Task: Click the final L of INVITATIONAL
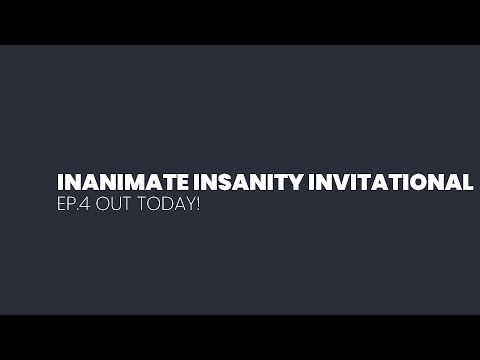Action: pos(466,183)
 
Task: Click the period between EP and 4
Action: pos(82,214)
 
